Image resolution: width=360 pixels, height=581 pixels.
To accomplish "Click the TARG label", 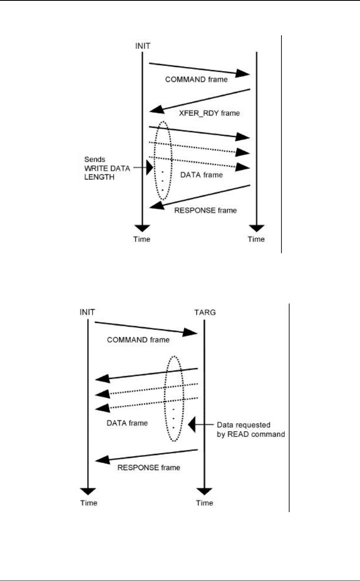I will pyautogui.click(x=204, y=312).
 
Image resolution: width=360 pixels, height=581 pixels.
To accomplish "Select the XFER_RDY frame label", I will pyautogui.click(x=209, y=113).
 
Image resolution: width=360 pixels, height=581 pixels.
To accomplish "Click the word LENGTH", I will pyautogui.click(x=99, y=177).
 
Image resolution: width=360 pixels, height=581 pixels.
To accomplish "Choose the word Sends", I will pyautogui.click(x=95, y=160).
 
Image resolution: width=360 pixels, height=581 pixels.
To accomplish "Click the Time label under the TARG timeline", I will pyautogui.click(x=204, y=503).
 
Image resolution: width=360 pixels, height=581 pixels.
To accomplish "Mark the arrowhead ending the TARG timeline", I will pyautogui.click(x=204, y=491).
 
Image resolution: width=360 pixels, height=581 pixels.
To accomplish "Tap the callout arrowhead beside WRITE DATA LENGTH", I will pyautogui.click(x=149, y=167).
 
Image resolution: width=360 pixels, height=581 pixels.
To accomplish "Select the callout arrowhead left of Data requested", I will pyautogui.click(x=192, y=424).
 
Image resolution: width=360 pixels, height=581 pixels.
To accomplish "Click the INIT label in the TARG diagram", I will pyautogui.click(x=87, y=312).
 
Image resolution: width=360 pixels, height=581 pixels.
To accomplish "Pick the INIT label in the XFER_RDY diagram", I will pyautogui.click(x=143, y=46).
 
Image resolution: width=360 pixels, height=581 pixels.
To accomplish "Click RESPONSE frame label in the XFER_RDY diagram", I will pyautogui.click(x=205, y=210).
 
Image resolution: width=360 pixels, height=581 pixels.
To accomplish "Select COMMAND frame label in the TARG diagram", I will pyautogui.click(x=138, y=340).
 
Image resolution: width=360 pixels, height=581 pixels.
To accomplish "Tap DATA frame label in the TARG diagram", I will pyautogui.click(x=127, y=423).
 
